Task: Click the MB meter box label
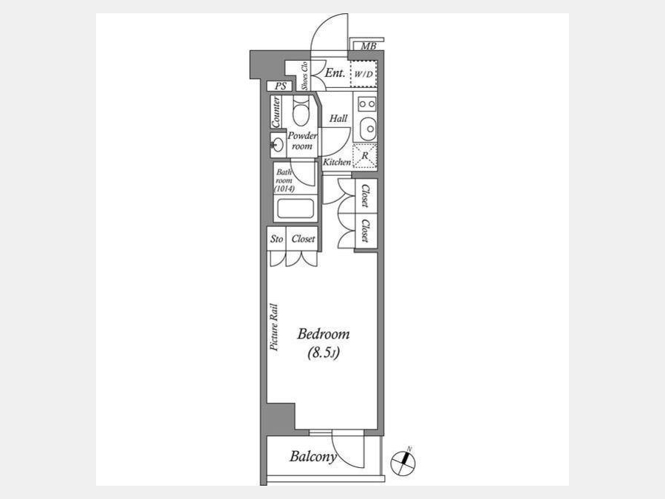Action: (x=368, y=47)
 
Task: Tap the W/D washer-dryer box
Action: (x=364, y=74)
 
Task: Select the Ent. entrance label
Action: (x=335, y=73)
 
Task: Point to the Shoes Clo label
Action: (x=304, y=76)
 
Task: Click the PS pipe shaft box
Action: (x=280, y=86)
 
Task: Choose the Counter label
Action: (x=276, y=112)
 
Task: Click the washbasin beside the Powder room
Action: (x=278, y=145)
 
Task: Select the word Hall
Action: (x=338, y=118)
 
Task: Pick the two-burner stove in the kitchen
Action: (x=366, y=104)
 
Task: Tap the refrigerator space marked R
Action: (x=365, y=157)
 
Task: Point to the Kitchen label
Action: (x=337, y=162)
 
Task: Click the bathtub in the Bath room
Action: (x=295, y=208)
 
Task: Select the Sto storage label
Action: (x=276, y=239)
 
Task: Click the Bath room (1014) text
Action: (x=284, y=180)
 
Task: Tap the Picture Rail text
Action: (x=274, y=327)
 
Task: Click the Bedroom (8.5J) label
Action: (x=324, y=343)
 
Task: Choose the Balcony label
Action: (x=313, y=457)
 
